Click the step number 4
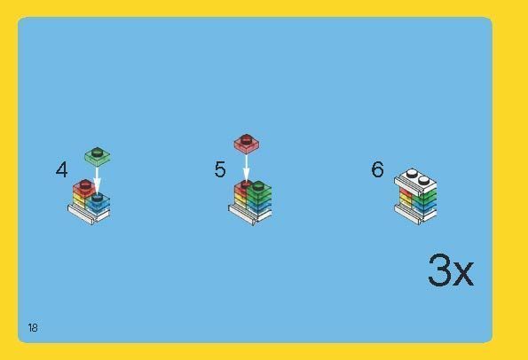(x=62, y=169)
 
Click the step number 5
(x=220, y=169)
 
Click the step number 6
(x=377, y=169)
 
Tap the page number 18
(x=33, y=328)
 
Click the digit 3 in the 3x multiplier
(x=440, y=270)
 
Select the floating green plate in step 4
(x=98, y=157)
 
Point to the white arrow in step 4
(x=97, y=179)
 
